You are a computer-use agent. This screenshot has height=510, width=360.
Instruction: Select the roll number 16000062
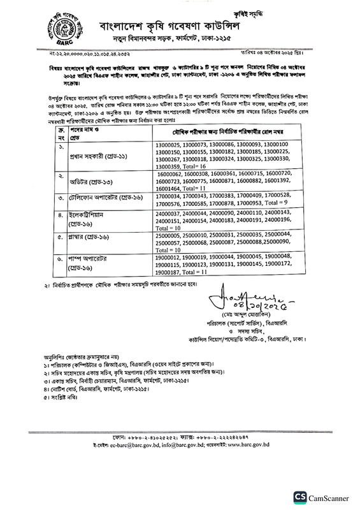point(171,173)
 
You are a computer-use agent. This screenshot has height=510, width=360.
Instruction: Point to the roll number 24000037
point(169,215)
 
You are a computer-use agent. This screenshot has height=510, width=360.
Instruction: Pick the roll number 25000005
point(169,236)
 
